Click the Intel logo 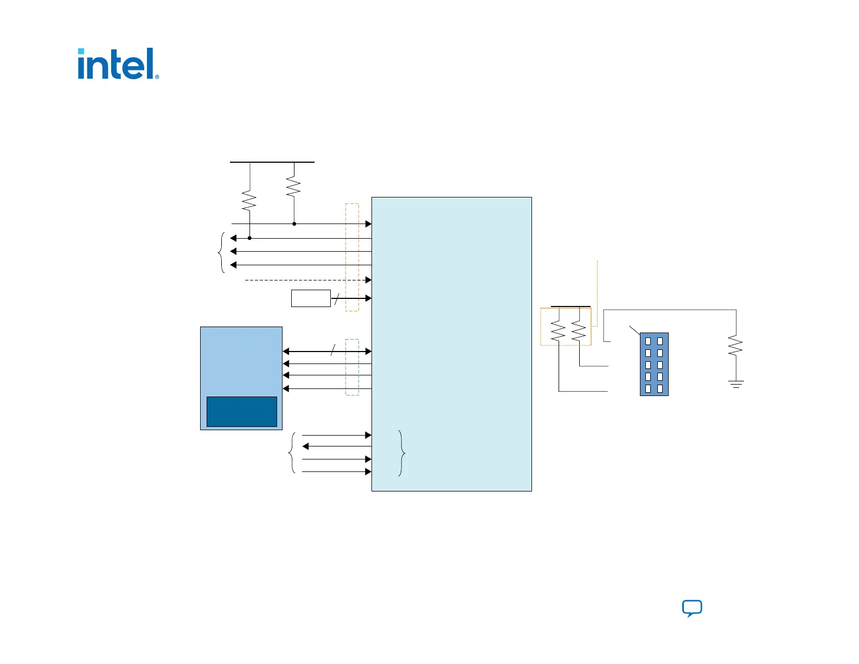coord(118,63)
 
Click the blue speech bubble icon coord(692,608)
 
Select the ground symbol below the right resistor coord(736,384)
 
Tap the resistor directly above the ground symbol coord(735,346)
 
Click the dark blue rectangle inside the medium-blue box coord(241,412)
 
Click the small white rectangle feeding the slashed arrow coord(311,298)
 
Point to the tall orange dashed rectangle coord(352,258)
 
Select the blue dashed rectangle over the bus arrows coord(352,367)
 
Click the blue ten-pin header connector coord(654,364)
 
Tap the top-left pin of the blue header coord(648,341)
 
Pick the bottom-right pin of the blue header coord(660,389)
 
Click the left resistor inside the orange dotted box coord(558,331)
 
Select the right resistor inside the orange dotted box coord(579,331)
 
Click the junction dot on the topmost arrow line coord(294,224)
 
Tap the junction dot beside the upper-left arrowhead coord(249,238)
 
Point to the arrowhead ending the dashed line coord(368,280)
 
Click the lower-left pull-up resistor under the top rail coord(249,200)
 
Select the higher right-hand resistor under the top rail coord(293,186)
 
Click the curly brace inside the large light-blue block coord(402,453)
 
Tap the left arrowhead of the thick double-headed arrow coord(286,351)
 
